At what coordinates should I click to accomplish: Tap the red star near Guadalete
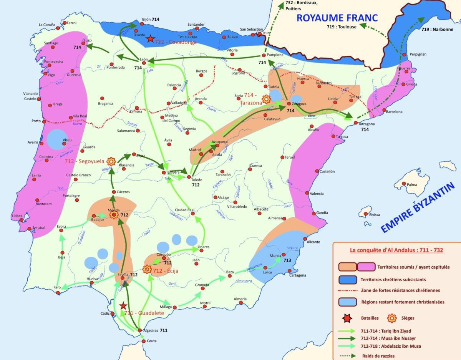pyautogui.click(x=123, y=306)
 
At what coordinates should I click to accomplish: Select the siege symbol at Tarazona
pyautogui.click(x=265, y=100)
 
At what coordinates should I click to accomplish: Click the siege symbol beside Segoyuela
pyautogui.click(x=111, y=161)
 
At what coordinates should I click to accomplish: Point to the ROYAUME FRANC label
pyautogui.click(x=337, y=18)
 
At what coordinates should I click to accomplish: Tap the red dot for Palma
pyautogui.click(x=404, y=184)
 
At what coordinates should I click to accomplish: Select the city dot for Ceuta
pyautogui.click(x=143, y=340)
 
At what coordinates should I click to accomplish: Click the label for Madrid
pyautogui.click(x=195, y=150)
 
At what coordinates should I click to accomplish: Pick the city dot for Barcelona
pyautogui.click(x=383, y=112)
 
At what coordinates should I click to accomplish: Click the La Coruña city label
pyautogui.click(x=47, y=25)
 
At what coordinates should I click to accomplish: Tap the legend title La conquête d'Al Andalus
pyautogui.click(x=396, y=250)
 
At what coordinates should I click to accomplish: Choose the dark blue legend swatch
pyautogui.click(x=347, y=279)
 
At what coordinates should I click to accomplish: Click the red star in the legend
pyautogui.click(x=347, y=318)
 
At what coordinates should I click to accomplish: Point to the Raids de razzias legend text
pyautogui.click(x=378, y=356)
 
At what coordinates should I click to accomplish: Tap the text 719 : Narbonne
pyautogui.click(x=437, y=29)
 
